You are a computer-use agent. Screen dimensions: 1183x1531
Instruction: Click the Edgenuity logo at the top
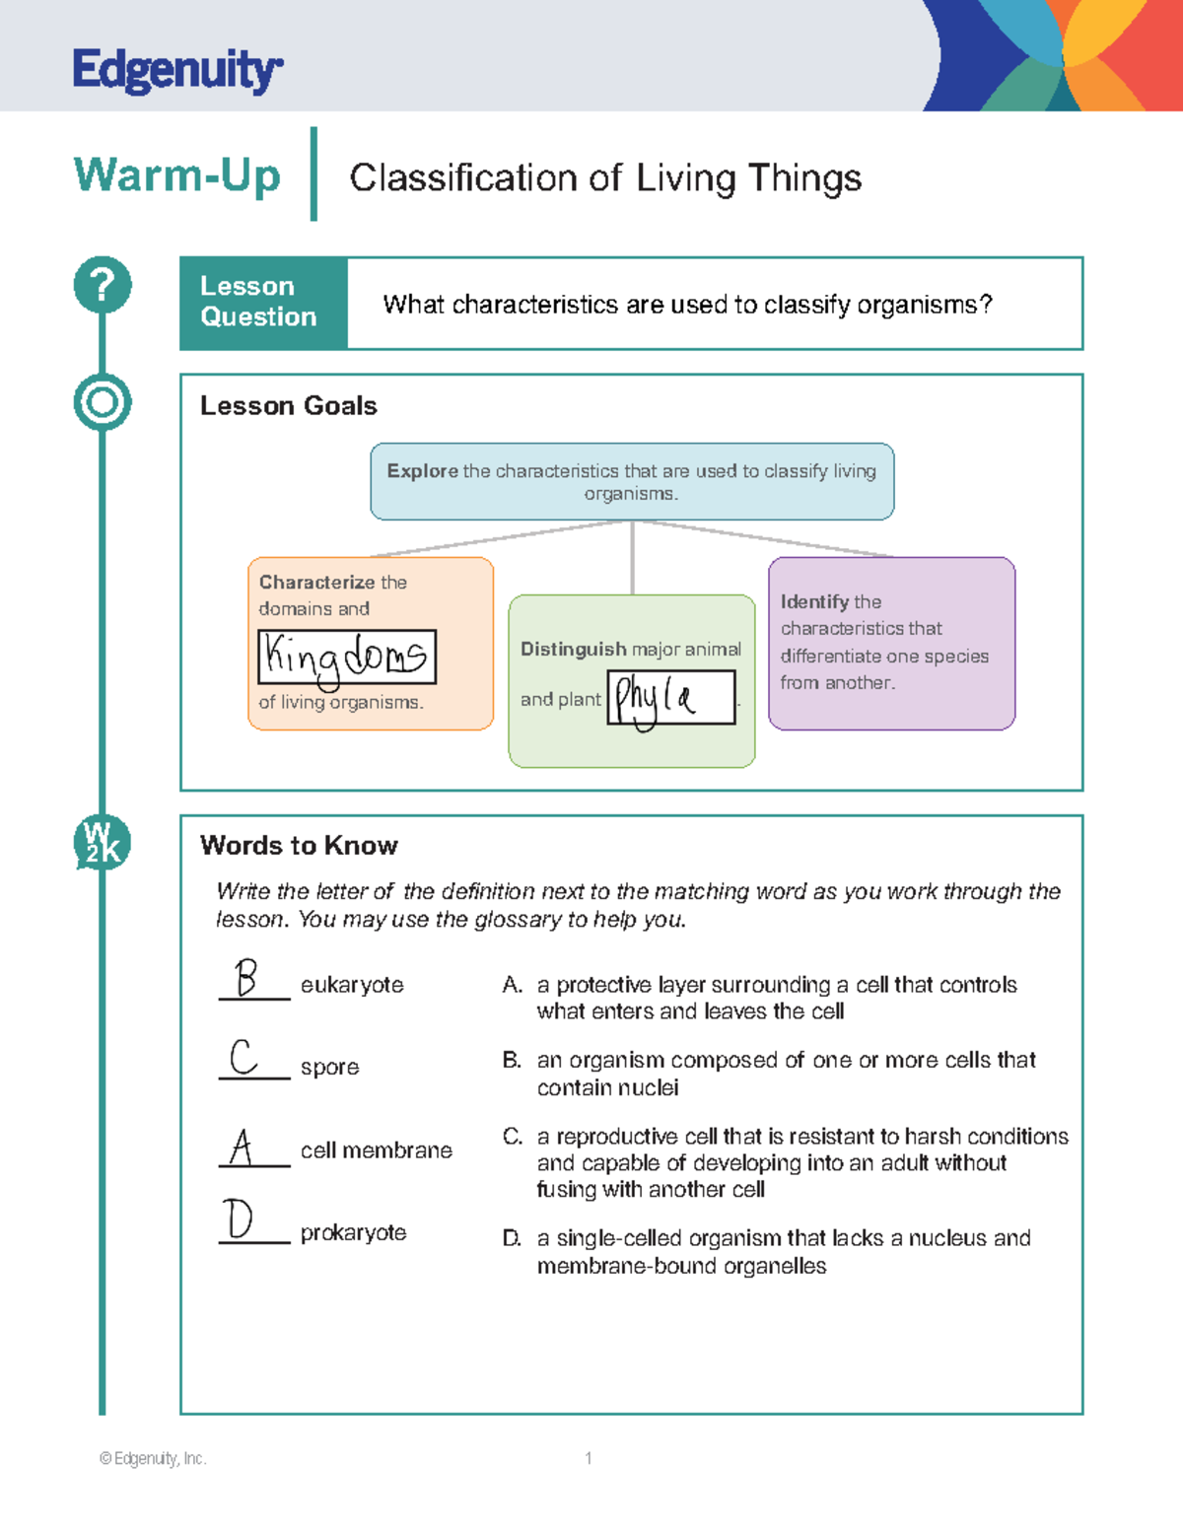(177, 70)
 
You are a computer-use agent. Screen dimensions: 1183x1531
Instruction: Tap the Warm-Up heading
(177, 175)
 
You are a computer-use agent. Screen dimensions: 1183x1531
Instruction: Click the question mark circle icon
(103, 285)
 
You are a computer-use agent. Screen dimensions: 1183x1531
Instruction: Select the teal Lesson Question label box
(263, 303)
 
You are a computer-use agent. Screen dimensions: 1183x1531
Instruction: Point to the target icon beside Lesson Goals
(103, 402)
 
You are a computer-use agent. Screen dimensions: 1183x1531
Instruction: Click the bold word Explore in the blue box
(422, 471)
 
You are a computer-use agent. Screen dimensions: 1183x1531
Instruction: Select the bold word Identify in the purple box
(815, 601)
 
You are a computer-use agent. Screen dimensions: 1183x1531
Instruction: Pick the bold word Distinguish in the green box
(574, 649)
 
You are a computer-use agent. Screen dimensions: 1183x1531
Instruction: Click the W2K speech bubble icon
(102, 843)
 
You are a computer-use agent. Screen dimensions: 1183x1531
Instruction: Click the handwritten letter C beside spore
(244, 1057)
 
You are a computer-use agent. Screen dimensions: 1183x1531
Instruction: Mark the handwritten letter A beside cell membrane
(242, 1147)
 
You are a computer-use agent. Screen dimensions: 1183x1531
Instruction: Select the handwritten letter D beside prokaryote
(239, 1219)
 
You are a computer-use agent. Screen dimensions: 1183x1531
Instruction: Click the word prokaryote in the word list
(353, 1232)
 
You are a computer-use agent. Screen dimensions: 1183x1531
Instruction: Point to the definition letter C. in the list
(513, 1137)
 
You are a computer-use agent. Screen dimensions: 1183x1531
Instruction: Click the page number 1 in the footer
(589, 1458)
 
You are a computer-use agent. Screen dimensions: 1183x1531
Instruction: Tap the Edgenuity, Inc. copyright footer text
(153, 1458)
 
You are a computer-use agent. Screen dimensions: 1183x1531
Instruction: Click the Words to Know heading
(299, 845)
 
